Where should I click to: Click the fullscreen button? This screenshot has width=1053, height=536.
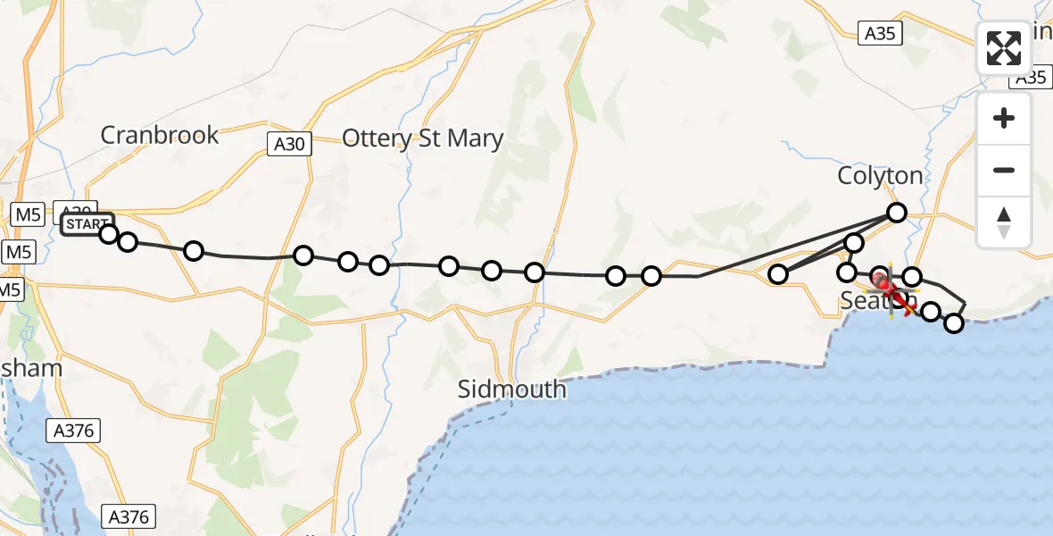(x=1004, y=48)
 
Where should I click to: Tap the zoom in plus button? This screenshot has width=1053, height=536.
(x=1004, y=118)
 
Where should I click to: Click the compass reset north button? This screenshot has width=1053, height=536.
(x=1004, y=222)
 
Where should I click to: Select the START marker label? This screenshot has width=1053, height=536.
(x=87, y=222)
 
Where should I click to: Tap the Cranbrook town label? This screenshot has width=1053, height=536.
(x=160, y=135)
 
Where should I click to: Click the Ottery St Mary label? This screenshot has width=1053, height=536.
(x=423, y=138)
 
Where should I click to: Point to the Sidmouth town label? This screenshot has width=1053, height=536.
(x=511, y=389)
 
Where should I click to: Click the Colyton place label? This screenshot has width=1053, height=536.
(x=880, y=175)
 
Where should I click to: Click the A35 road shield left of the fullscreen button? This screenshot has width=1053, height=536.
(x=881, y=35)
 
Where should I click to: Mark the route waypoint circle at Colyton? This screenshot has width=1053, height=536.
(x=896, y=213)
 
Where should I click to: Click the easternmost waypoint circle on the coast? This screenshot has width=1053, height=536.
(x=954, y=322)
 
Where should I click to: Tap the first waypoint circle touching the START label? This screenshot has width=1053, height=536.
(x=108, y=234)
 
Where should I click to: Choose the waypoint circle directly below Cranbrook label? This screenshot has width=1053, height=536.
(x=194, y=251)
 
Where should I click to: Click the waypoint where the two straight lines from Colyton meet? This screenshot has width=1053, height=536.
(x=778, y=274)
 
